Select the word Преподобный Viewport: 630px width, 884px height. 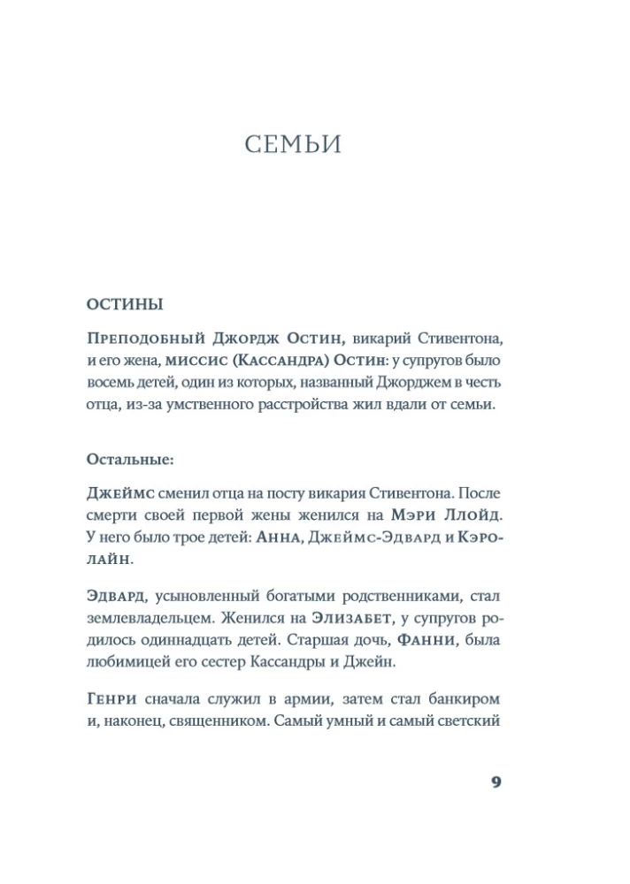click(146, 339)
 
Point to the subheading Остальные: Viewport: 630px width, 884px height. click(131, 460)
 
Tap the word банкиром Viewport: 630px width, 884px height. click(458, 700)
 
